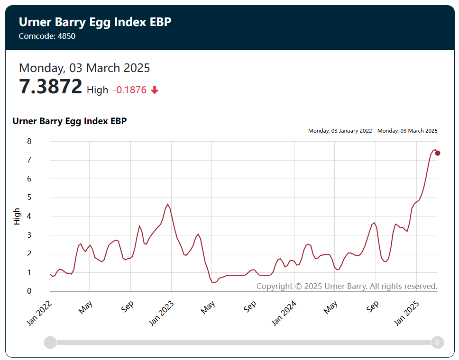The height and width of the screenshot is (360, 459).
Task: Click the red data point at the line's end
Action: click(438, 153)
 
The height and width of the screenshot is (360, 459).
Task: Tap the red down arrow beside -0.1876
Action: click(154, 90)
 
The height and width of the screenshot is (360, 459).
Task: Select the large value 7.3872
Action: click(51, 87)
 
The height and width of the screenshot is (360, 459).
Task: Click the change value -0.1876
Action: click(129, 90)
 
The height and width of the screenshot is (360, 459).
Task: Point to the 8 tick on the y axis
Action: click(29, 141)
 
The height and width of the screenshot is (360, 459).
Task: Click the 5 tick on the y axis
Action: click(29, 198)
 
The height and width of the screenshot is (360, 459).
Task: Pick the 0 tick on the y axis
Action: click(29, 291)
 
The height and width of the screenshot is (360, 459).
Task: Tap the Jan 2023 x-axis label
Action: click(161, 313)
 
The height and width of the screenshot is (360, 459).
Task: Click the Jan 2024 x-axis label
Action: click(284, 313)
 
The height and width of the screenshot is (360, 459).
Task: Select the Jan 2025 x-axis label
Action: click(406, 313)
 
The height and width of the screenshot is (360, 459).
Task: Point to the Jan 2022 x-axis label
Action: click(39, 313)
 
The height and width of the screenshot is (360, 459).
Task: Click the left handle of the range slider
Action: click(50, 342)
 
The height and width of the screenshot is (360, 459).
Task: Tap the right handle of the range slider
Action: click(438, 342)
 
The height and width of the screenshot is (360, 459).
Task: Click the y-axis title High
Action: click(17, 216)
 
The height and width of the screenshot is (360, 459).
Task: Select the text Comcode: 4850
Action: click(47, 36)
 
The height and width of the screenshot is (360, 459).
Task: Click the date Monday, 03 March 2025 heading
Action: click(84, 68)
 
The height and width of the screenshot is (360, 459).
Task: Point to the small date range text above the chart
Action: click(373, 131)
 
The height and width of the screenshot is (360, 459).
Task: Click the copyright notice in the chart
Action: click(347, 286)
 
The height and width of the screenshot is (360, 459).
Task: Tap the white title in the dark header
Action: click(95, 22)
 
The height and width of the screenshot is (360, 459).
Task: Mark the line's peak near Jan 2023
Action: click(168, 204)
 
